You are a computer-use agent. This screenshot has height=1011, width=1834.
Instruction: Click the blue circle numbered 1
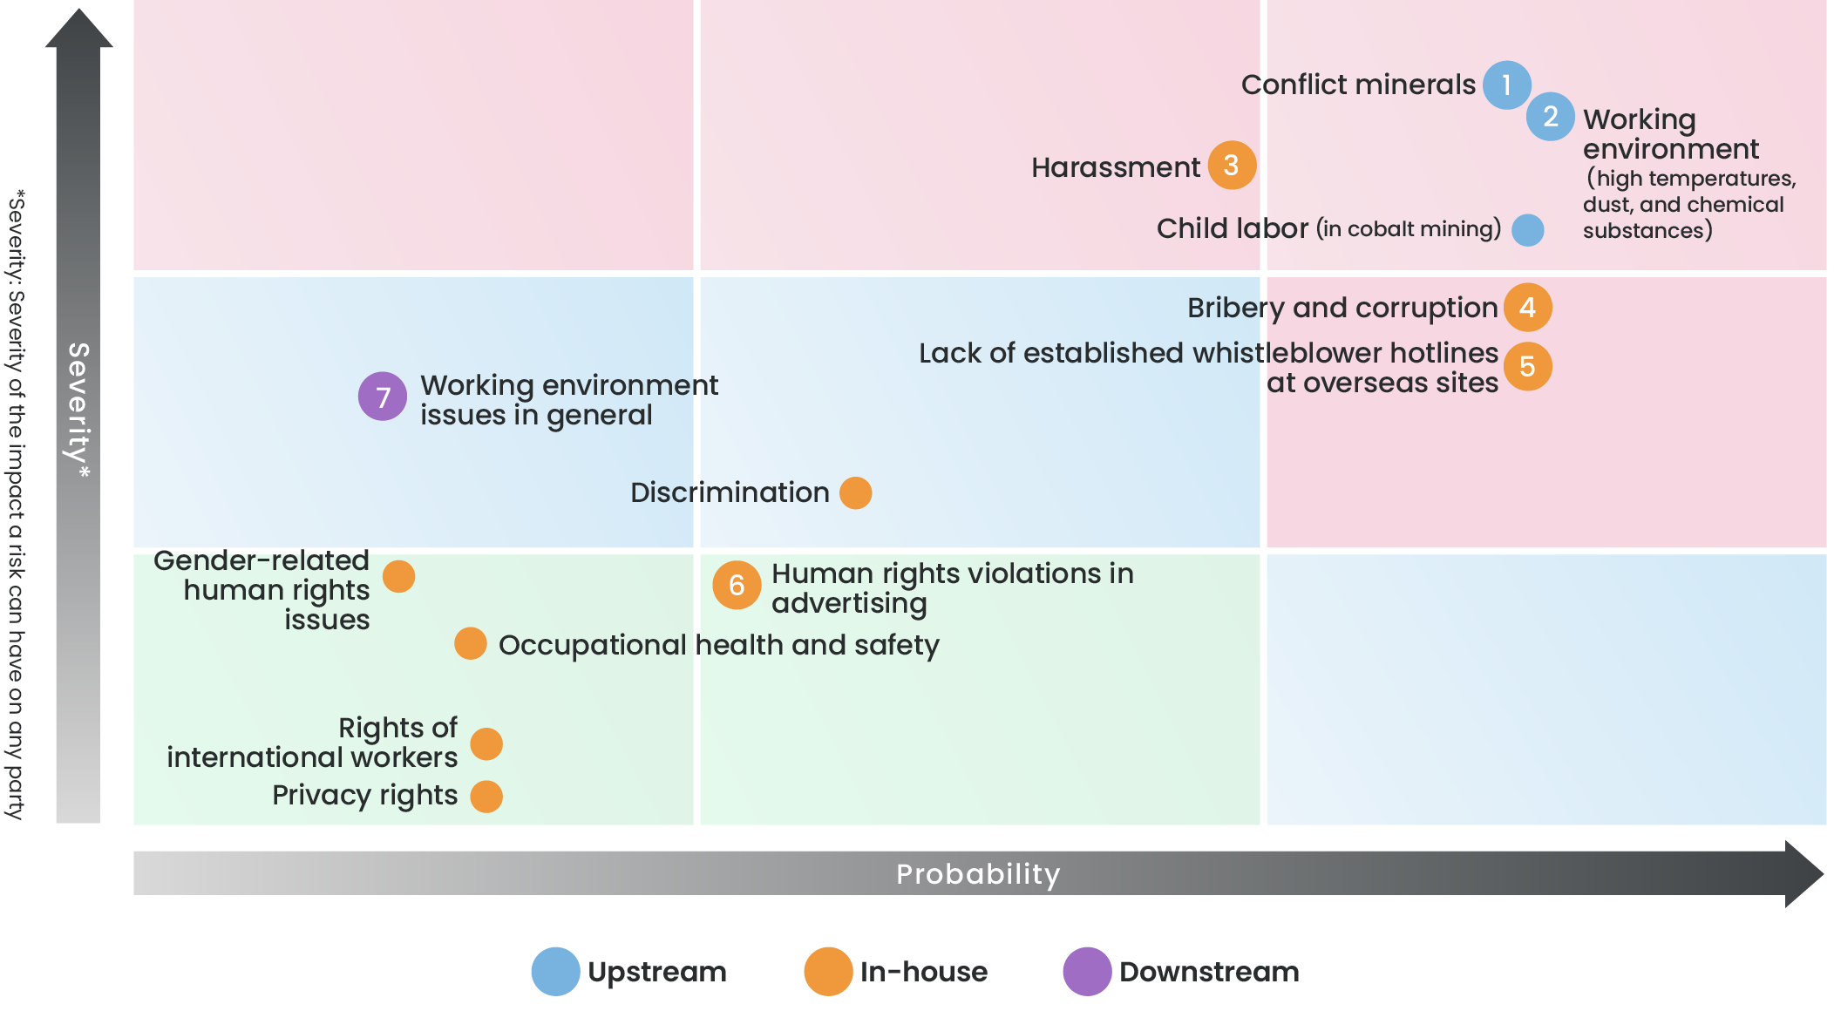1507,85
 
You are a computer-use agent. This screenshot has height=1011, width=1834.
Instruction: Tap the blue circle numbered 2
1551,117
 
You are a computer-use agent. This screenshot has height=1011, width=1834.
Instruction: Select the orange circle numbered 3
1232,165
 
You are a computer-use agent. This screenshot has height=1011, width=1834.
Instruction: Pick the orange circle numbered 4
1528,308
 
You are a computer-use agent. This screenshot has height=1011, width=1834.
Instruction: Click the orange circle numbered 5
1528,367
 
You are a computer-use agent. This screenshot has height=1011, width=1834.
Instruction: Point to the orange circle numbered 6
737,585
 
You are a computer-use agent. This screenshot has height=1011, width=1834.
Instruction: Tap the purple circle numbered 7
383,397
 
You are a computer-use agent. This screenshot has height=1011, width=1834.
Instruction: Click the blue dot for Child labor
1528,230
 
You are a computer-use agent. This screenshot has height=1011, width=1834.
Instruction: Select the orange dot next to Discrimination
856,492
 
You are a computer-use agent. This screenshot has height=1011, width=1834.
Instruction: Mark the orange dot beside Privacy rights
486,797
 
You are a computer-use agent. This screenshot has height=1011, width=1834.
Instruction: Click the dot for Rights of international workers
486,743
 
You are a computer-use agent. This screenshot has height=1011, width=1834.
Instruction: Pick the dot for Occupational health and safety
471,643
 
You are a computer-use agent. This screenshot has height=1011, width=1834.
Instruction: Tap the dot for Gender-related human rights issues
399,576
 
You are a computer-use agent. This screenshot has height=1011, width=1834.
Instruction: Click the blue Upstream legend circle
556,971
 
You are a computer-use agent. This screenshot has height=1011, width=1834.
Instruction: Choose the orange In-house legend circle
828,971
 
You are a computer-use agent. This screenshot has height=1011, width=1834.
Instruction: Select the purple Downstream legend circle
1087,971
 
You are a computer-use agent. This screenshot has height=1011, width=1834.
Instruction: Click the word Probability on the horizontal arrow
978,873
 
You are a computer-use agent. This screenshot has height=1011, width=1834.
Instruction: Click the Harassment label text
1115,166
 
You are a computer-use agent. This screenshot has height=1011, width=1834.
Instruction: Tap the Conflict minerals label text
1358,85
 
